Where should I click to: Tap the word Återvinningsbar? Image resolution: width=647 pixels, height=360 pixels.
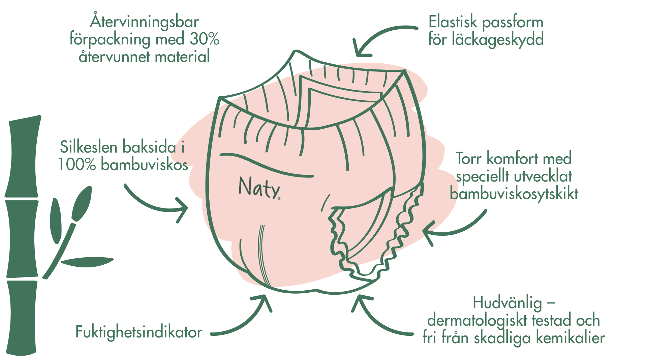pyautogui.click(x=145, y=22)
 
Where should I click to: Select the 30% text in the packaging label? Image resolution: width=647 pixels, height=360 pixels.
pyautogui.click(x=205, y=39)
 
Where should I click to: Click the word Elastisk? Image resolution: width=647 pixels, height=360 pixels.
pyautogui.click(x=453, y=22)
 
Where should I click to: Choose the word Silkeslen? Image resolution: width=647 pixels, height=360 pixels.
pyautogui.click(x=89, y=147)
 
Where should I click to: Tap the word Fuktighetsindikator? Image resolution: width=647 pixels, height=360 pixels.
pyautogui.click(x=139, y=332)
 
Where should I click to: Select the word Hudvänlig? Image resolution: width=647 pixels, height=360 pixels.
pyautogui.click(x=507, y=303)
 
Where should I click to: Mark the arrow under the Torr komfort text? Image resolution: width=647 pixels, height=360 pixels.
pyautogui.click(x=455, y=231)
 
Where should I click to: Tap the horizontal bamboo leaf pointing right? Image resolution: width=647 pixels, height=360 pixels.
pyautogui.click(x=87, y=262)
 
